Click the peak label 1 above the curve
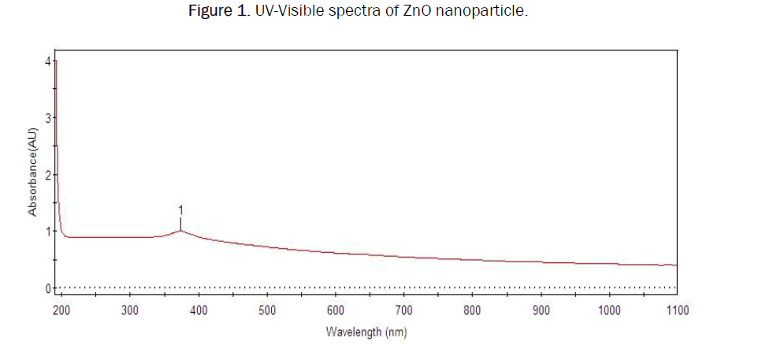click(x=181, y=210)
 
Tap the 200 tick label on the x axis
click(x=62, y=310)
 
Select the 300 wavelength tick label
click(x=131, y=310)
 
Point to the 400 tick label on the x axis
click(x=199, y=310)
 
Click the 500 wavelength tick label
click(x=267, y=310)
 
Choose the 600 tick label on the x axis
click(x=336, y=310)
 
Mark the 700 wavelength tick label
click(x=404, y=310)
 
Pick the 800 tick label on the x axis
click(x=473, y=310)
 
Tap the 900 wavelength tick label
click(x=541, y=310)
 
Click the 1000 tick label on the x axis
click(x=609, y=310)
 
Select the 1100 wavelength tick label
click(x=677, y=310)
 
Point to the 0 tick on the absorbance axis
click(x=48, y=288)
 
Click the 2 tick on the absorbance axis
click(x=48, y=174)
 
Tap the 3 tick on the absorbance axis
click(x=48, y=117)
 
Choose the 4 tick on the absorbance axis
click(x=48, y=61)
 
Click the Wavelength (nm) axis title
click(x=367, y=332)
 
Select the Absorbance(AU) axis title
click(x=32, y=175)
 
